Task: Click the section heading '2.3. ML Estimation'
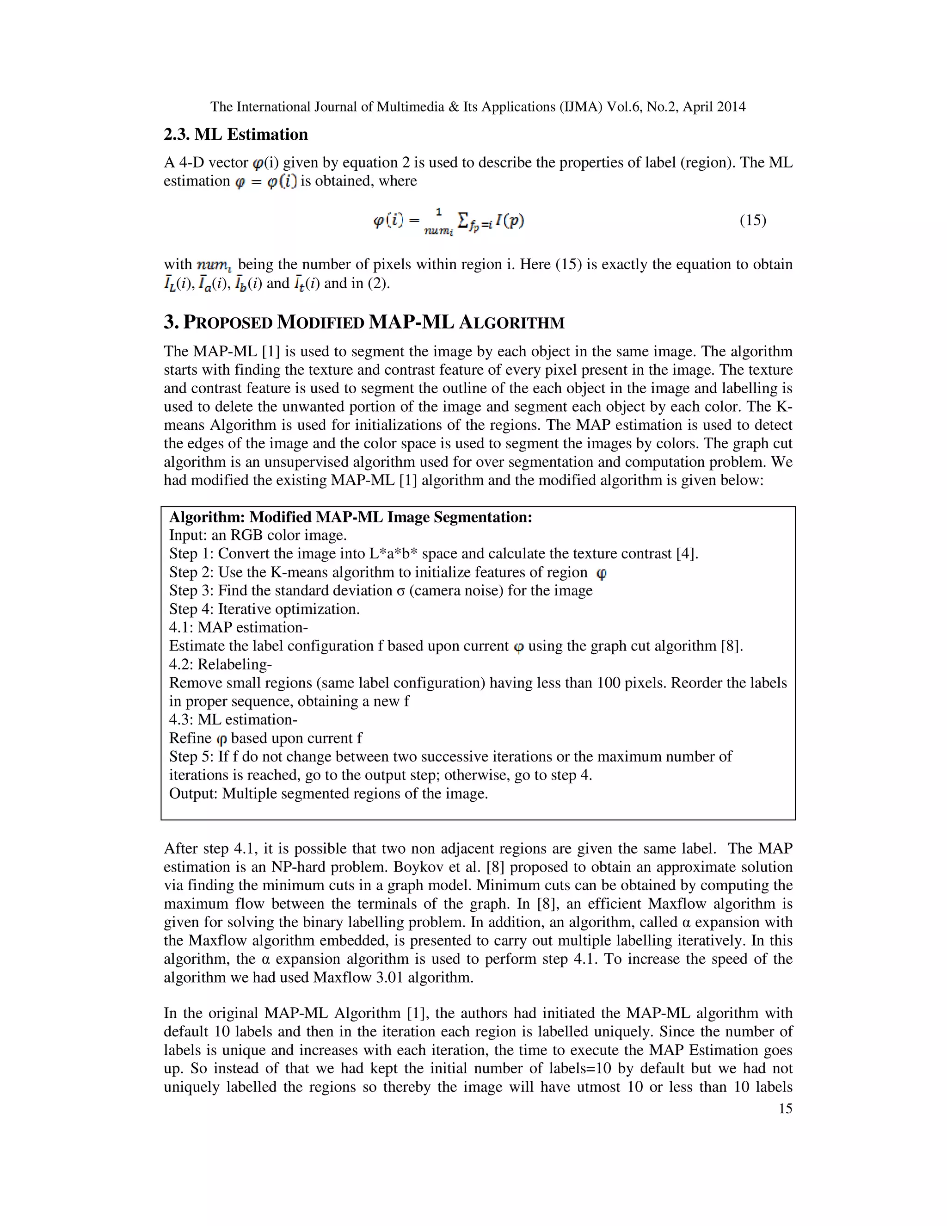[236, 135]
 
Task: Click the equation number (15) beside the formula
[752, 220]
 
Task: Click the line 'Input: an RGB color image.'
[258, 536]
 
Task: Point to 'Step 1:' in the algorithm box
[191, 554]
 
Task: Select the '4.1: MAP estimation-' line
[239, 628]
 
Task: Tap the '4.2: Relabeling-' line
[221, 665]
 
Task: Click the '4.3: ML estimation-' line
[233, 720]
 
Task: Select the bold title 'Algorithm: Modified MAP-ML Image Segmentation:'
[351, 517]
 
